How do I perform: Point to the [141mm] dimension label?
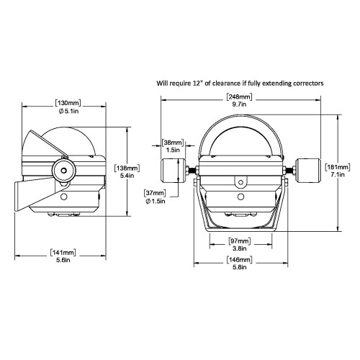click(x=65, y=252)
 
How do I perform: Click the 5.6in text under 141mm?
click(x=65, y=261)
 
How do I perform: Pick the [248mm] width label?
click(x=238, y=96)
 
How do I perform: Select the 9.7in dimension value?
click(x=238, y=104)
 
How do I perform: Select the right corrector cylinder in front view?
click(x=306, y=172)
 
